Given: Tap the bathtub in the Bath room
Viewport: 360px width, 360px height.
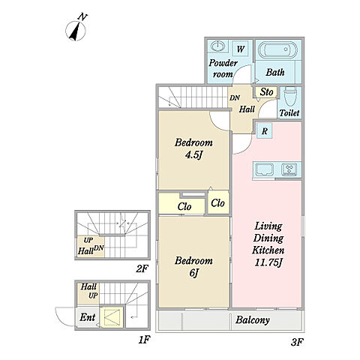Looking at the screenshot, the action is pyautogui.click(x=277, y=49).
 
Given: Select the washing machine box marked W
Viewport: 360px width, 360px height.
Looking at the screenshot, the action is pyautogui.click(x=241, y=49).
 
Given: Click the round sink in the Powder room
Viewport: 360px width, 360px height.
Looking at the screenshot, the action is pyautogui.click(x=218, y=46).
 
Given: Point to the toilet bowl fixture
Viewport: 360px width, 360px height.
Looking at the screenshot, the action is pyautogui.click(x=290, y=97).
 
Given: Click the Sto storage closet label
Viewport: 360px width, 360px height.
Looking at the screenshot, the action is pyautogui.click(x=266, y=92).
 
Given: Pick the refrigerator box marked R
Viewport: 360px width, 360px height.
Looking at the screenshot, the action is pyautogui.click(x=265, y=130).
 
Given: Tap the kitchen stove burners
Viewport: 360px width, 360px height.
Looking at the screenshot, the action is pyautogui.click(x=289, y=169).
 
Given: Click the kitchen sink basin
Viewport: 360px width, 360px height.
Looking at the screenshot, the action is pyautogui.click(x=264, y=169).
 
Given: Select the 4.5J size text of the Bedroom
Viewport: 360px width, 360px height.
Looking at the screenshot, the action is pyautogui.click(x=193, y=155).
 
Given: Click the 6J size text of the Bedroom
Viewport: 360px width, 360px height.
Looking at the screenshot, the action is pyautogui.click(x=193, y=273).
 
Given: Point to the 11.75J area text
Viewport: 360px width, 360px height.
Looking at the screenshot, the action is pyautogui.click(x=268, y=262).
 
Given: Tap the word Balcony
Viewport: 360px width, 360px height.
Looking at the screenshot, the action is pyautogui.click(x=253, y=320).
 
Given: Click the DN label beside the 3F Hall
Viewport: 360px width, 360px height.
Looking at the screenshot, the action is pyautogui.click(x=235, y=98).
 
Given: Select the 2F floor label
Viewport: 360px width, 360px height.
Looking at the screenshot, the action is pyautogui.click(x=142, y=269).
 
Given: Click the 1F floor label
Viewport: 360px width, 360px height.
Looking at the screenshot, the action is pyautogui.click(x=144, y=340).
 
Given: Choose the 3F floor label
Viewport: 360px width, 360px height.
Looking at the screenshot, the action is pyautogui.click(x=297, y=342).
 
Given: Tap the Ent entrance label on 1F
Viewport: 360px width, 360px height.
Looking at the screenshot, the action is pyautogui.click(x=88, y=317).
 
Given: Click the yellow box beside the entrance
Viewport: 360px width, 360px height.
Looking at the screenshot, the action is pyautogui.click(x=112, y=317).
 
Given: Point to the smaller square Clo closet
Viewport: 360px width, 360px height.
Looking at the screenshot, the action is pyautogui.click(x=218, y=202).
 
